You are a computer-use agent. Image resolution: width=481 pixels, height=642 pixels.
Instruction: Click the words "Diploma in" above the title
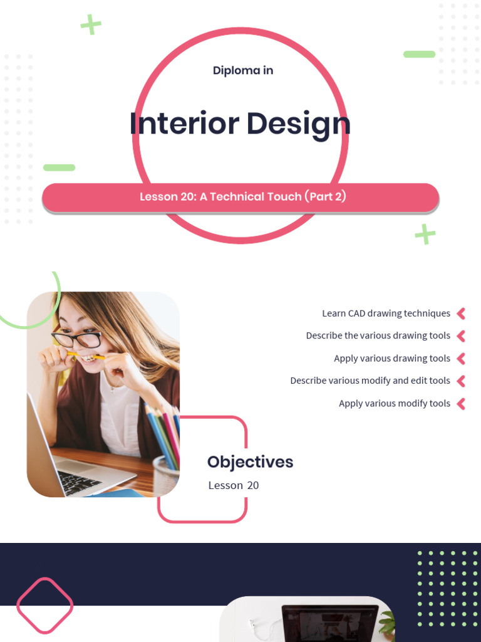click(242, 70)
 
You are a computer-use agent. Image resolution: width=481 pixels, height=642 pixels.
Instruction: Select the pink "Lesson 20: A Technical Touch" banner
click(241, 197)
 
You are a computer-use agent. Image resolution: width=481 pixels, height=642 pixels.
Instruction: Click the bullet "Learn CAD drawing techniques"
click(386, 313)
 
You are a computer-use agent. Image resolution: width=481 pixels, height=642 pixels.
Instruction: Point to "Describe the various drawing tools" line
click(378, 336)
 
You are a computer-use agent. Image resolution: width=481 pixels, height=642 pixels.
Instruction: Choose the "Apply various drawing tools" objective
click(391, 359)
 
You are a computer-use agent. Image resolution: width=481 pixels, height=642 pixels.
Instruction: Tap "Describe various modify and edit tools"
click(370, 381)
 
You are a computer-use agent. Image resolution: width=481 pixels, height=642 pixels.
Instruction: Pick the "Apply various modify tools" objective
click(394, 404)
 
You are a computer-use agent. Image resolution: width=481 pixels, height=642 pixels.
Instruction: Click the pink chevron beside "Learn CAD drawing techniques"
click(462, 313)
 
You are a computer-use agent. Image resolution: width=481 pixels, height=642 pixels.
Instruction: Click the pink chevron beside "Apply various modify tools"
click(462, 404)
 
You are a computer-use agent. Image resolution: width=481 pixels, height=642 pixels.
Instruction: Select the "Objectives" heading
click(250, 462)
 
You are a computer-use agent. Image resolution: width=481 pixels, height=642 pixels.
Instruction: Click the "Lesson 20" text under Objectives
click(233, 485)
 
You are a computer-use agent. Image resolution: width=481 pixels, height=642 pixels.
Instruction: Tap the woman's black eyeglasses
click(76, 339)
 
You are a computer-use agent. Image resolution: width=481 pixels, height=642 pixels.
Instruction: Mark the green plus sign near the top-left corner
click(91, 25)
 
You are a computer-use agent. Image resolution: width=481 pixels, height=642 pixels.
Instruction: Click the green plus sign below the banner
click(425, 234)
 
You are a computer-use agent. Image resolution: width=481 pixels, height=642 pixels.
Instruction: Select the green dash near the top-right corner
click(419, 55)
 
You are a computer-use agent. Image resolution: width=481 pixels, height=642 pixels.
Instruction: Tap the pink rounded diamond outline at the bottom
click(44, 606)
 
